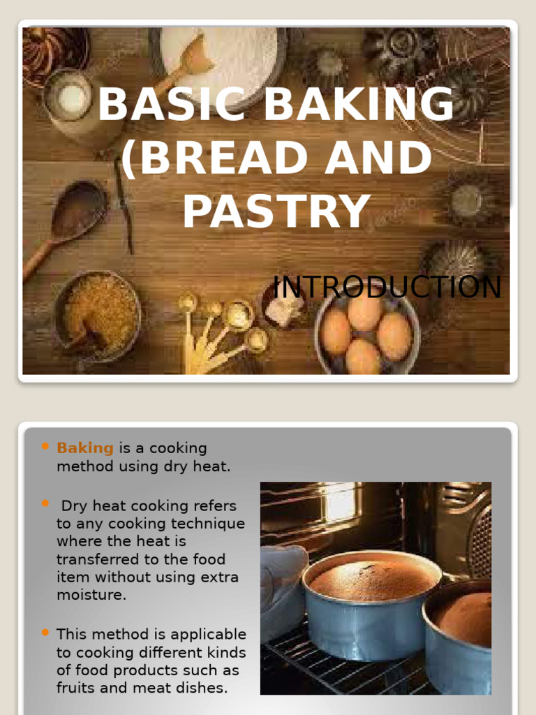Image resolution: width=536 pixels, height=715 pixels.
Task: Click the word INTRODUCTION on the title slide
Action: pos(387,287)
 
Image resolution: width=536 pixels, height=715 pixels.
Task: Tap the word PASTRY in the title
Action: pos(276,212)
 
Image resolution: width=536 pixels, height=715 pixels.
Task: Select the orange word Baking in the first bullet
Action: pos(84,448)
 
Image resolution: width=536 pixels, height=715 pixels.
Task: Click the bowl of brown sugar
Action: pos(98,315)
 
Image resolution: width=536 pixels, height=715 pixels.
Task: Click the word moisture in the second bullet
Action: pos(91,596)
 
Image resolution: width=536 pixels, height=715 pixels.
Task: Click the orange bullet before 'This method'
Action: pos(45,633)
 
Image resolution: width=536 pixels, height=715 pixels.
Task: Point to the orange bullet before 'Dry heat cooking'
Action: pos(45,503)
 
